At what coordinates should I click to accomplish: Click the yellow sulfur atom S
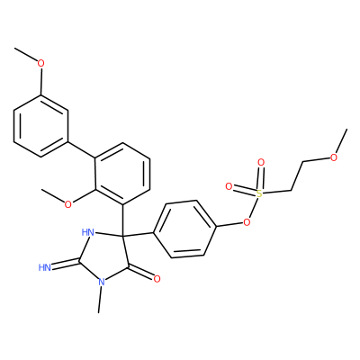pyautogui.click(x=259, y=193)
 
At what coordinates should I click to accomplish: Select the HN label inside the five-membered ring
pyautogui.click(x=88, y=232)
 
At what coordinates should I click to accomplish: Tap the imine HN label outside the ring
pyautogui.click(x=45, y=267)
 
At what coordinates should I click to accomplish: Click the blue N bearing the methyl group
pyautogui.click(x=102, y=282)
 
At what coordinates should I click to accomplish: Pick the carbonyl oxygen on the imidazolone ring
pyautogui.click(x=157, y=279)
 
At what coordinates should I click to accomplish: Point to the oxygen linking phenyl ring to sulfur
pyautogui.click(x=247, y=222)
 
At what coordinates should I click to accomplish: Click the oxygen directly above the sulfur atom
pyautogui.click(x=261, y=163)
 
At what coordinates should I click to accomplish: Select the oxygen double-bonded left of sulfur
pyautogui.click(x=229, y=187)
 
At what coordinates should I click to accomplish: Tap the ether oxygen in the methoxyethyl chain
pyautogui.click(x=334, y=157)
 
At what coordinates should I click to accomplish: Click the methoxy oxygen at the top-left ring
pyautogui.click(x=40, y=63)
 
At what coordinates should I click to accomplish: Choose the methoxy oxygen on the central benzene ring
pyautogui.click(x=68, y=204)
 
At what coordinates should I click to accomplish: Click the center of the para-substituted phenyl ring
pyautogui.click(x=184, y=229)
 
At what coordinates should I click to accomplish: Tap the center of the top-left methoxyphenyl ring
pyautogui.click(x=40, y=126)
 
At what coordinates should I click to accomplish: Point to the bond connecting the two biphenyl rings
pyautogui.click(x=82, y=149)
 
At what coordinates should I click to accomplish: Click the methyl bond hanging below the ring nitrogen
pyautogui.click(x=100, y=300)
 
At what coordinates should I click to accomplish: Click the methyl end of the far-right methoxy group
pyautogui.click(x=346, y=130)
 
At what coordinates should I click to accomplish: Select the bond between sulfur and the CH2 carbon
pyautogui.click(x=277, y=192)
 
